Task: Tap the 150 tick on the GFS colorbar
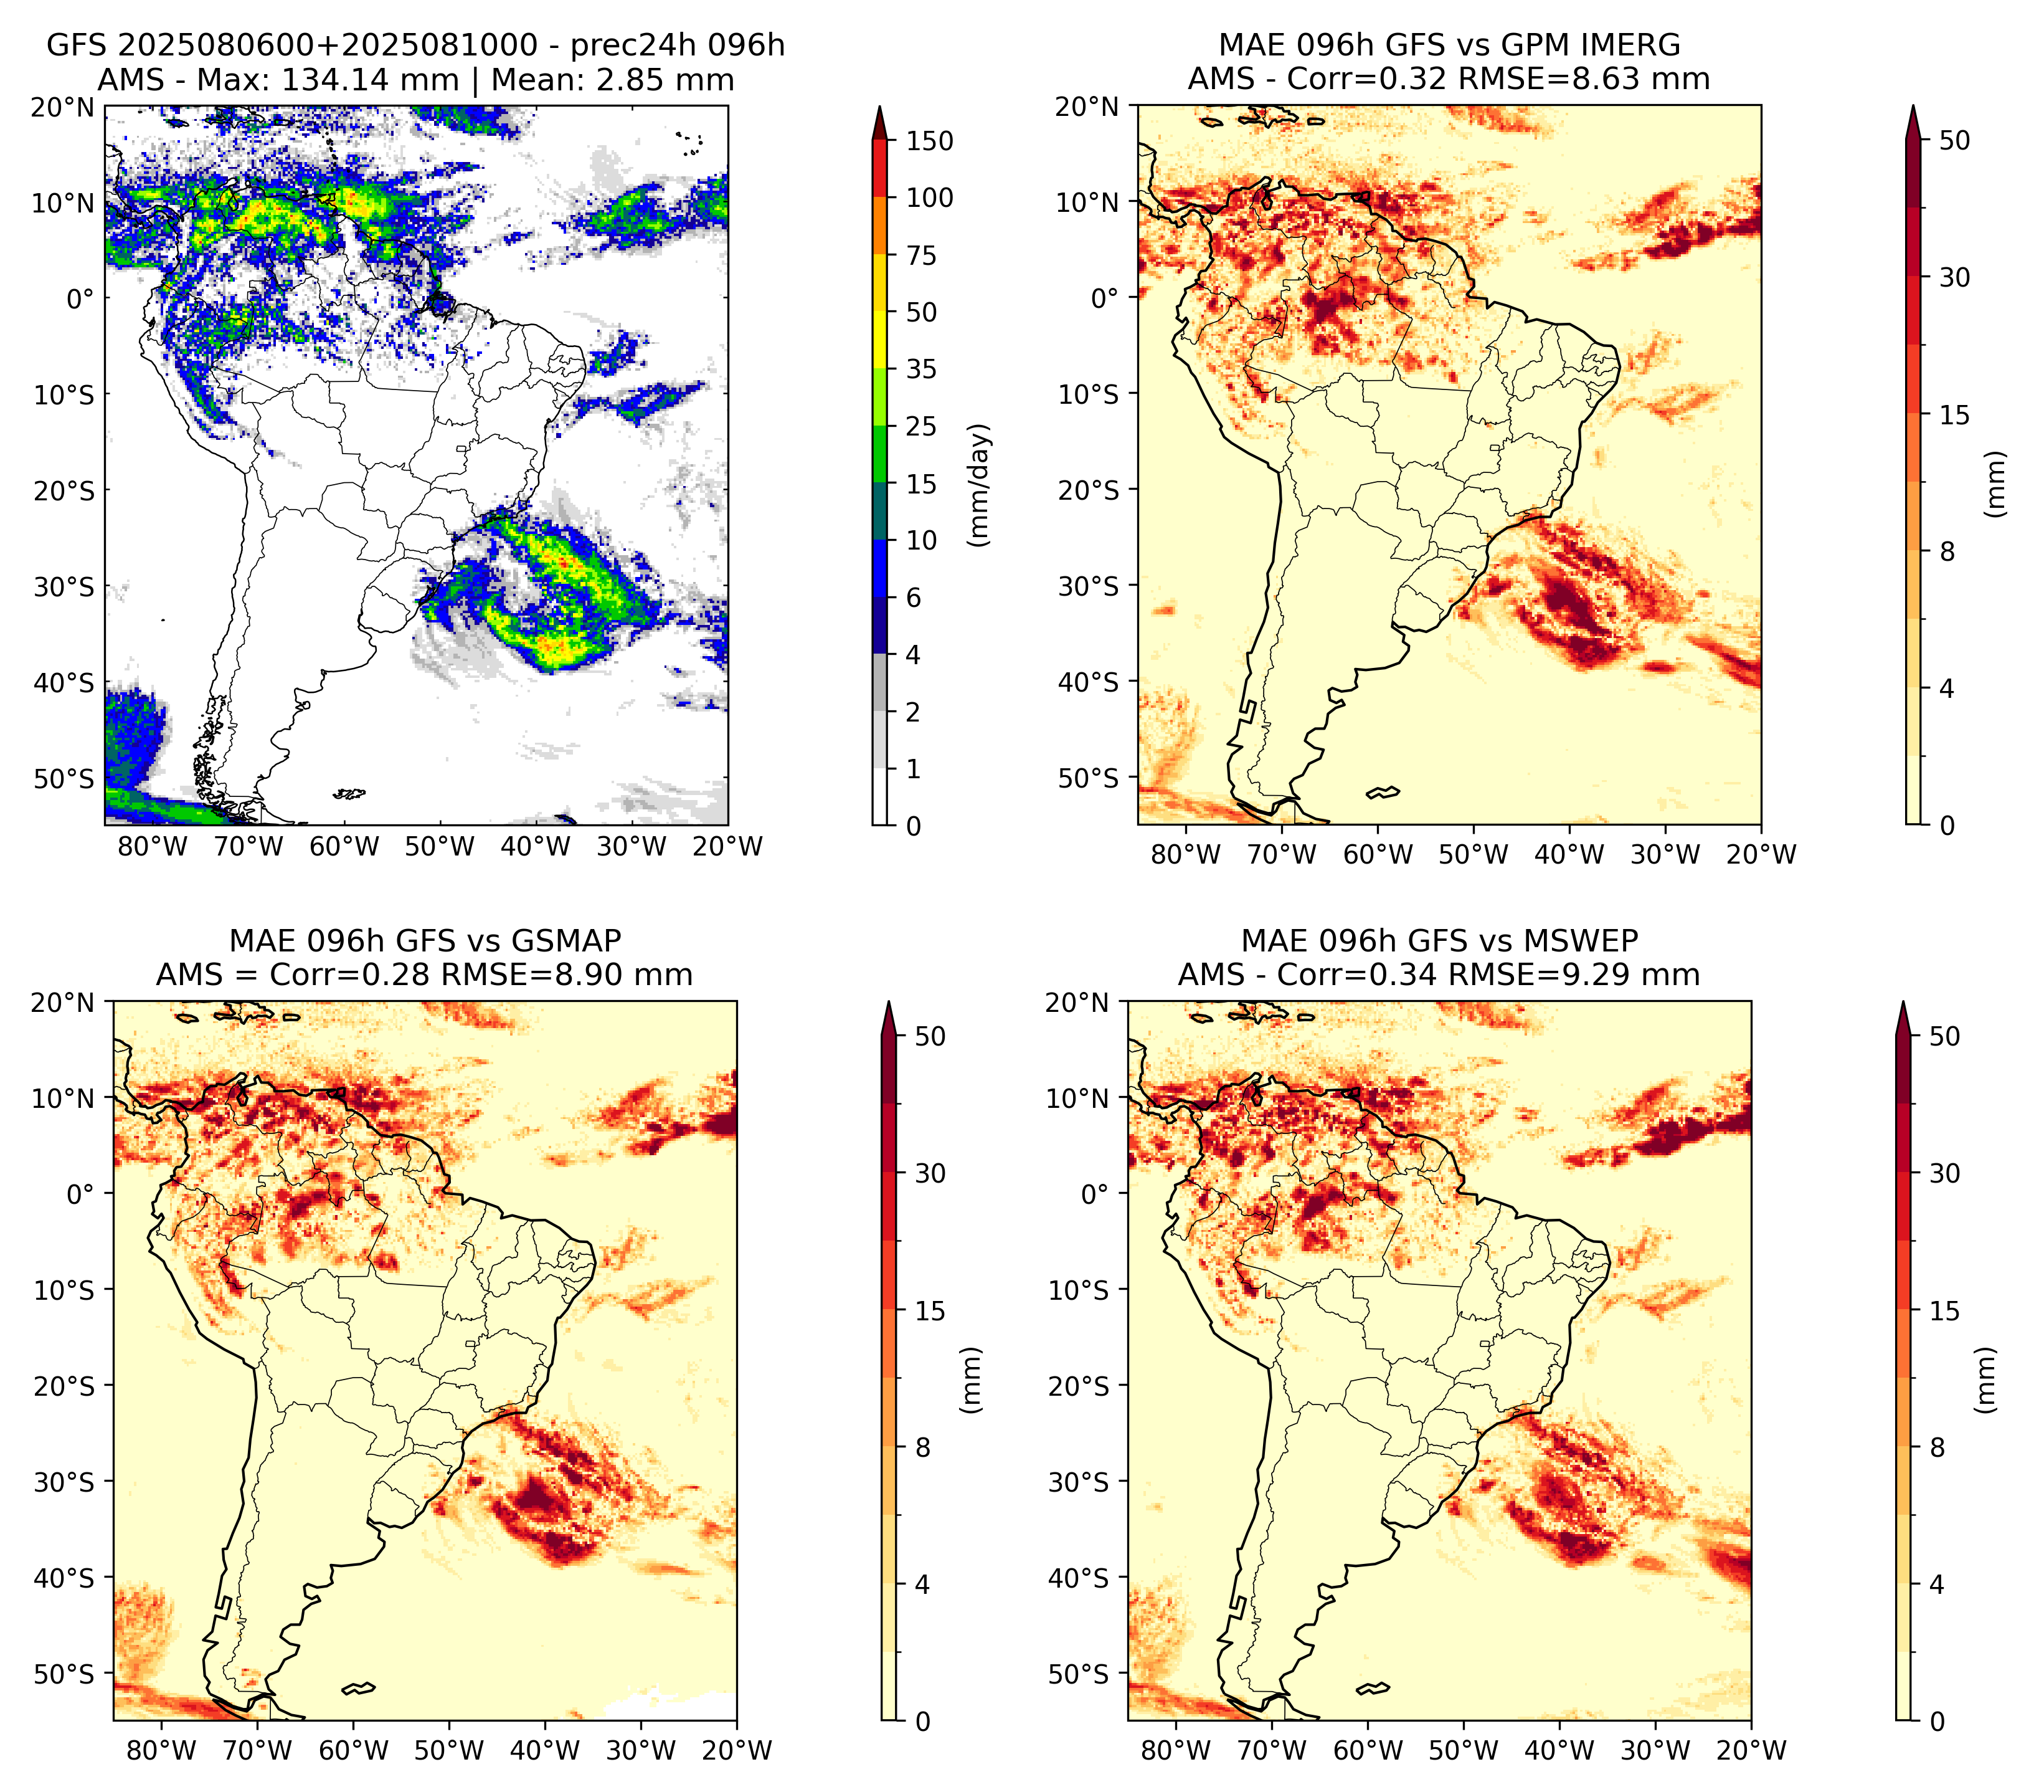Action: point(930,141)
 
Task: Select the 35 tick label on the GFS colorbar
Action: point(922,369)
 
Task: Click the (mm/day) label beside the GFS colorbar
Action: point(981,485)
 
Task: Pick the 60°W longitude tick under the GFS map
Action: point(345,846)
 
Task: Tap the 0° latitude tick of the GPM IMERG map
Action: point(1105,297)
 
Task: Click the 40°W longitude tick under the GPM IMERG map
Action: point(1569,854)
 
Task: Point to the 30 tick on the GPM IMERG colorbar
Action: point(1955,277)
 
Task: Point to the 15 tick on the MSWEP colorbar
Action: point(1945,1311)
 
